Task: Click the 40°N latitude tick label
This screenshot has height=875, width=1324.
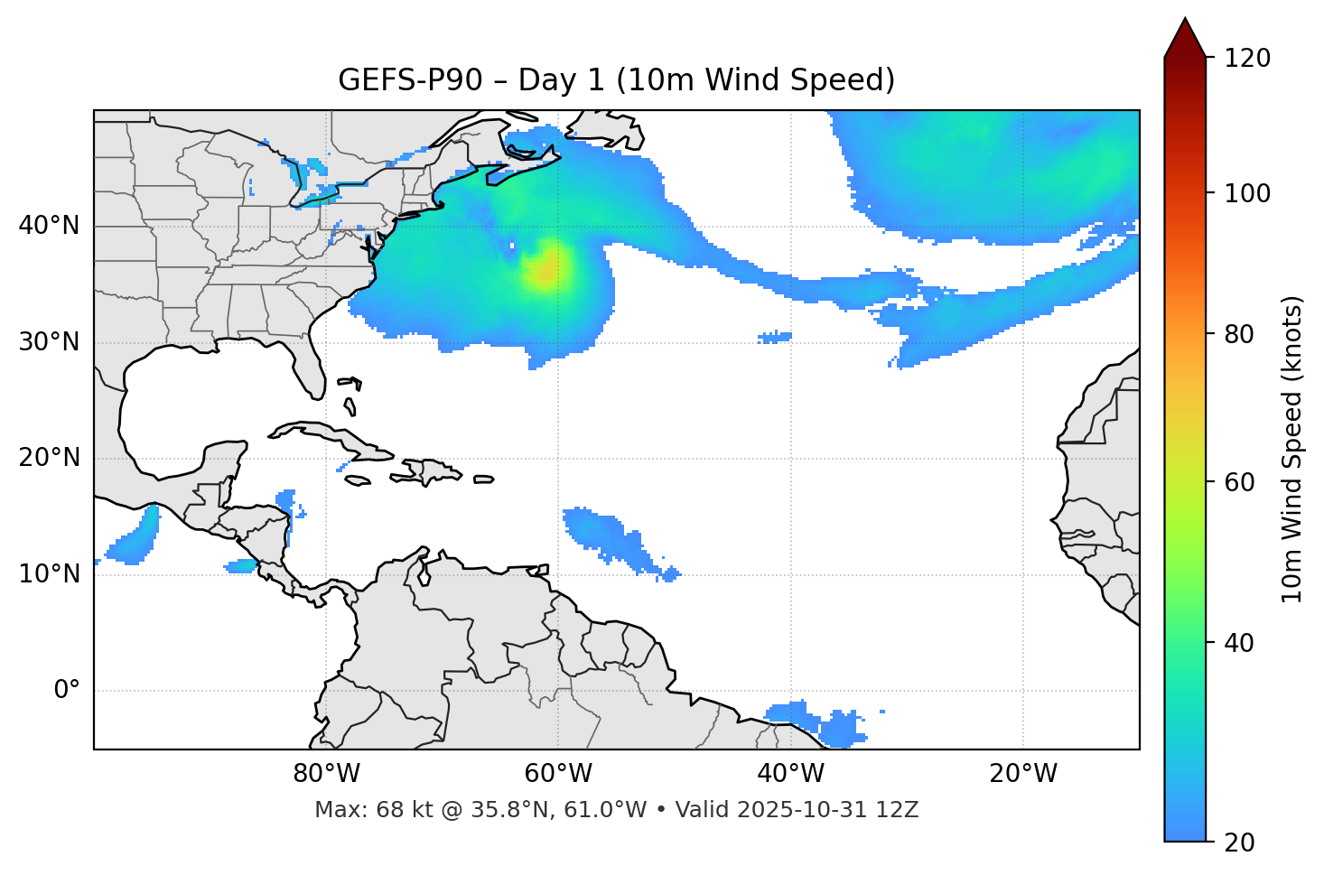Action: click(49, 226)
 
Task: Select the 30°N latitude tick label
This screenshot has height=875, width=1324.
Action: click(49, 342)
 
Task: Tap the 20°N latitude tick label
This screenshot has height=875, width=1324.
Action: click(49, 458)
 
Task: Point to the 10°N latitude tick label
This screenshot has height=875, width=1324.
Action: click(49, 574)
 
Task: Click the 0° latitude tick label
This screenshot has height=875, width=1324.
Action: click(67, 691)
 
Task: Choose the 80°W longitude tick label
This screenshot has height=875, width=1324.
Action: click(326, 774)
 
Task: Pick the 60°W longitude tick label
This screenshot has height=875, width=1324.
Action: click(558, 774)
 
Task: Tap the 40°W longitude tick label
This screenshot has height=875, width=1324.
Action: click(790, 774)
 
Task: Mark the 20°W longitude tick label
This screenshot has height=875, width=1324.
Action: click(1023, 774)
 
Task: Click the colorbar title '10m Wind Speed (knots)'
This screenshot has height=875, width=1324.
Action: click(1293, 450)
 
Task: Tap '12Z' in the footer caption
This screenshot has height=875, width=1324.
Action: click(900, 810)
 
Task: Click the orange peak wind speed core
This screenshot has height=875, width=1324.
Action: click(545, 270)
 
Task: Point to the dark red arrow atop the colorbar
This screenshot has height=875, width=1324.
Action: click(1185, 38)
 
